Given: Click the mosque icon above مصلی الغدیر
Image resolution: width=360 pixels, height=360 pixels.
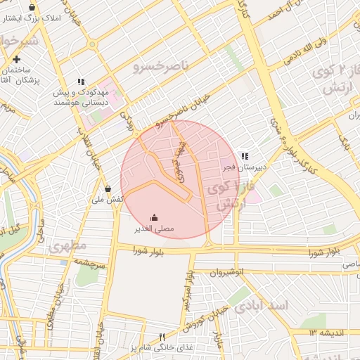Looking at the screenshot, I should pos(155,217).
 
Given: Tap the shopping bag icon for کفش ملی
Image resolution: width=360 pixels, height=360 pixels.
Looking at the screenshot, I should pos(108,188).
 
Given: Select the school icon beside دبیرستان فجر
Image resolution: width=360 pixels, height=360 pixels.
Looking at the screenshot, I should pos(245,156).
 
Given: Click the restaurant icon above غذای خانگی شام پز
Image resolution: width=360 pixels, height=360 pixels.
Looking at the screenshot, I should pos(162,337).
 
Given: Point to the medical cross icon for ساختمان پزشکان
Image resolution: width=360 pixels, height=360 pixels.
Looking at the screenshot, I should pos(15,59).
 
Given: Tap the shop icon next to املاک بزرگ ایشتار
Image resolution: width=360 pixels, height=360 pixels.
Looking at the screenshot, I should pos(32,7).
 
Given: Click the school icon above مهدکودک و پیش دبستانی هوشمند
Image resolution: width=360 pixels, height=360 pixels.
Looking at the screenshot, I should pos(81,82).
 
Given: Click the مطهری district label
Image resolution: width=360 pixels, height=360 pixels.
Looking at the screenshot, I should pos(67,246).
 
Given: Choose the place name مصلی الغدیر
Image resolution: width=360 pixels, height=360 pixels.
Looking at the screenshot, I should pos(155,229).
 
